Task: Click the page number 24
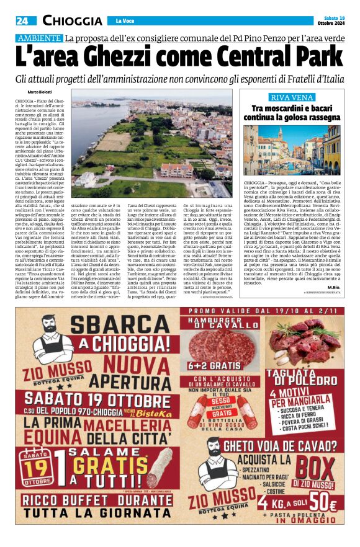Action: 23,20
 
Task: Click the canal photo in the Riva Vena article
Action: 291,149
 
